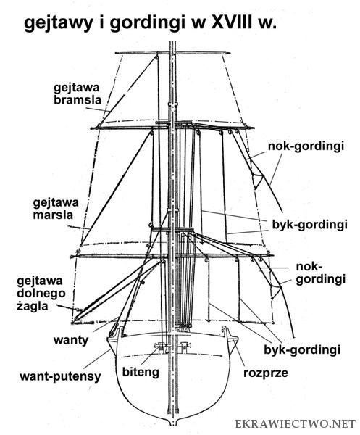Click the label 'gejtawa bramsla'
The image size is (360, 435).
(78, 94)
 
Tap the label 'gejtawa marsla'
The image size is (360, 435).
(56, 209)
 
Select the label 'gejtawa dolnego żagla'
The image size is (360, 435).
(41, 294)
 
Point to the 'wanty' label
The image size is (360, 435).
(71, 339)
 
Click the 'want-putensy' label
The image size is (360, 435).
(60, 377)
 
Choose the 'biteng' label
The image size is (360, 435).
(141, 373)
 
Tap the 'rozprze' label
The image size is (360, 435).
(266, 373)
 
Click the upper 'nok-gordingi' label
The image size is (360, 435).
(306, 146)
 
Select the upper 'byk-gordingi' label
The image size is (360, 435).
(309, 225)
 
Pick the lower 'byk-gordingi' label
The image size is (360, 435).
(302, 350)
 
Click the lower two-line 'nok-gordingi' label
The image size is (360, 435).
(321, 273)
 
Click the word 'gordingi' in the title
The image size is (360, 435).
(148, 23)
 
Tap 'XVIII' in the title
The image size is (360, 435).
(232, 22)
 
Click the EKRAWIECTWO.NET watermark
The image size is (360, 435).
(296, 424)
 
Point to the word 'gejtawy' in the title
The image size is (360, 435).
(58, 24)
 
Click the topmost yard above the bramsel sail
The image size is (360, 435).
(172, 53)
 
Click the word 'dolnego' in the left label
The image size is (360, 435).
(41, 294)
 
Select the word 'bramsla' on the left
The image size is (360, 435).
(78, 100)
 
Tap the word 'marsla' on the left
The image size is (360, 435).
(53, 215)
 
